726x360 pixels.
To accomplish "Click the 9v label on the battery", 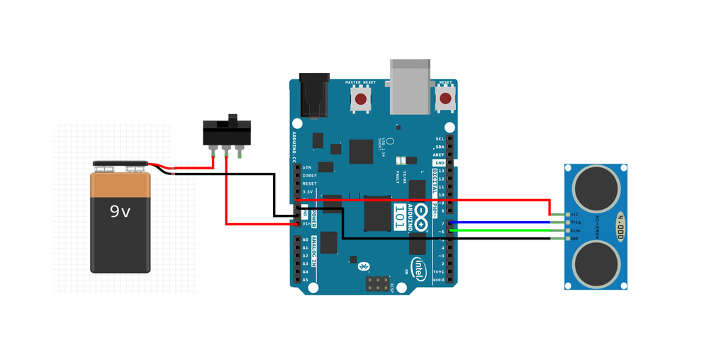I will [x=120, y=210].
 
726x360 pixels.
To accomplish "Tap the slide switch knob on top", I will [x=231, y=117].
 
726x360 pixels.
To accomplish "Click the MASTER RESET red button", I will [x=361, y=100].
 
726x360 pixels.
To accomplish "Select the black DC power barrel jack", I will [x=314, y=96].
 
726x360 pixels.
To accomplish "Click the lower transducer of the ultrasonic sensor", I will [x=596, y=264].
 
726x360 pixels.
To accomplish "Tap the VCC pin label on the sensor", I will [x=574, y=214].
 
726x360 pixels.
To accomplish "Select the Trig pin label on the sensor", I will [x=575, y=223].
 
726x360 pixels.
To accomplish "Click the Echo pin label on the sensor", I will [x=575, y=230].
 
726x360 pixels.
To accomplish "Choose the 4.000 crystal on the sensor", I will [x=620, y=227].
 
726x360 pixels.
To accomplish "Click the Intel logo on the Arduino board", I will [x=419, y=269].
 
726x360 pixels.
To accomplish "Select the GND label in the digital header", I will [x=440, y=163].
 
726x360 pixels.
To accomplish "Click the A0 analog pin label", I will [x=306, y=240].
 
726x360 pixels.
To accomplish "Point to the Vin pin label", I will [x=306, y=223].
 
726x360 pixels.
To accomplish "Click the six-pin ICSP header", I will [x=377, y=283].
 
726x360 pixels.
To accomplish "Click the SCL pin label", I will [x=440, y=139].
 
